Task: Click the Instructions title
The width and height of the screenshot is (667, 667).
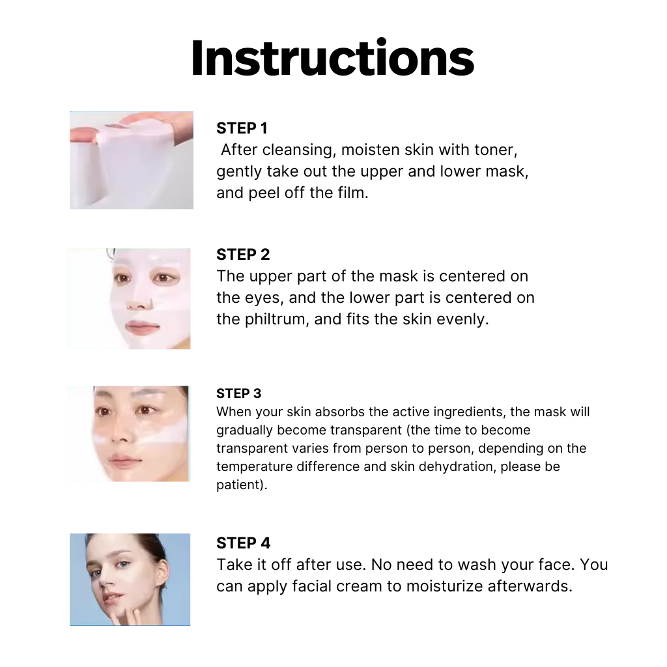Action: [x=333, y=58]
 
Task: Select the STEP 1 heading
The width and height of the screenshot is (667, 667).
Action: [x=242, y=128]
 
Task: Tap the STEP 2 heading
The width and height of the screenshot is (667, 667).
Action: [x=243, y=255]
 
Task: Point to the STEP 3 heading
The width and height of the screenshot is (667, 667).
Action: [x=238, y=393]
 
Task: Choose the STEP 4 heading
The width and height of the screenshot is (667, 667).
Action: [x=244, y=543]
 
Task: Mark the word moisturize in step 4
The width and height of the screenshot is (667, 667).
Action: [x=444, y=586]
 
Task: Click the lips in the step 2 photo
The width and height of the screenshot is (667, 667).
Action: [x=143, y=327]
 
